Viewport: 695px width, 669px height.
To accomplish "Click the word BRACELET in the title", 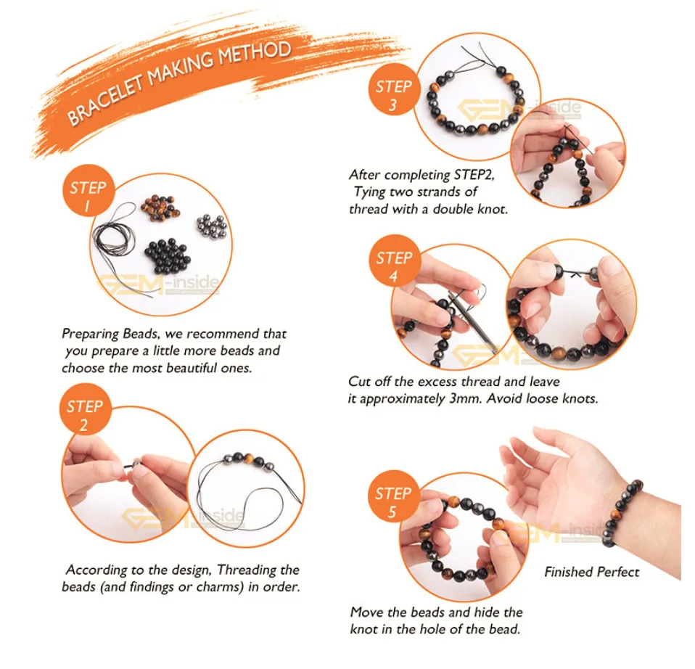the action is [x=106, y=101].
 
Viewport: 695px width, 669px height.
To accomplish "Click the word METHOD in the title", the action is [x=255, y=54].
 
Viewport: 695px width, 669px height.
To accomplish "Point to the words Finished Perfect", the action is [x=592, y=572].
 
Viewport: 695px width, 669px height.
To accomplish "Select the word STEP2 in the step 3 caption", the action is [x=474, y=175].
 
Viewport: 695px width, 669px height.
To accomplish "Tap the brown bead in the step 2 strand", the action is [x=248, y=459].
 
